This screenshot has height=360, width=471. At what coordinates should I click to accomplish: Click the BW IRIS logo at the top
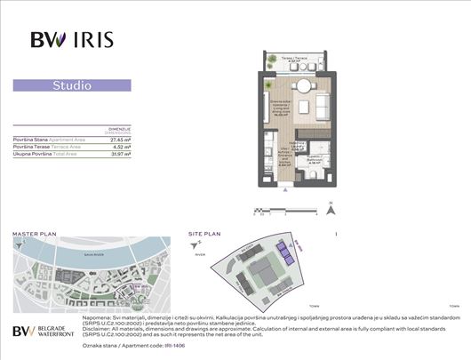click(71, 39)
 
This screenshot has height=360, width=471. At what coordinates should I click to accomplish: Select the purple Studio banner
click(72, 86)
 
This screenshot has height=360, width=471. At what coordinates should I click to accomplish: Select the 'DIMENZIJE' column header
click(119, 128)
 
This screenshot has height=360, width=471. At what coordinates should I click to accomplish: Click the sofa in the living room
click(319, 108)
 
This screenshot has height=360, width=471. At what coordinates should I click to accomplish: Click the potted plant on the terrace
click(270, 60)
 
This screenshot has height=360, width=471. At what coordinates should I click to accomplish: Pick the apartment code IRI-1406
click(149, 348)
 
